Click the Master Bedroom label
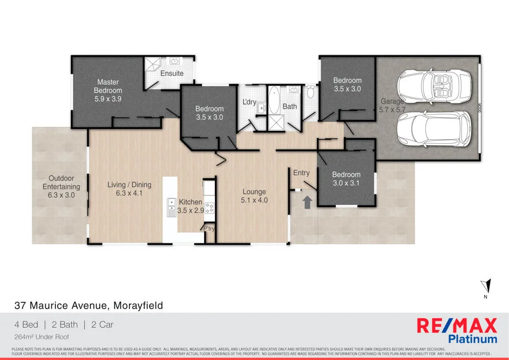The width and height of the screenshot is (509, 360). click(x=108, y=90)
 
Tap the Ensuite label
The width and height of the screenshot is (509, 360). click(x=172, y=74)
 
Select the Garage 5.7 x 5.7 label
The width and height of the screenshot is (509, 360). click(x=392, y=106)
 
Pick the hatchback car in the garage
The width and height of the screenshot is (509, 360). click(x=434, y=129)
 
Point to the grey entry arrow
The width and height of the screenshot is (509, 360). click(x=307, y=202)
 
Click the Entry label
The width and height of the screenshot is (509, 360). click(x=301, y=172)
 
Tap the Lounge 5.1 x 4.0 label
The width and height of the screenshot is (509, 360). click(x=254, y=196)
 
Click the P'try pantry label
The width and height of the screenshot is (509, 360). click(x=209, y=229)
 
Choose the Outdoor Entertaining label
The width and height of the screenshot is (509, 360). click(x=62, y=187)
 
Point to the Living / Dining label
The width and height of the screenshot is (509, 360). click(x=130, y=188)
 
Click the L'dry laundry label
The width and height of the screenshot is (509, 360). click(x=249, y=102)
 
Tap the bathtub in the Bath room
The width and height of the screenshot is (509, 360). click(x=274, y=101)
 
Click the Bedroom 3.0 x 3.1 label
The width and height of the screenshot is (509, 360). click(x=346, y=179)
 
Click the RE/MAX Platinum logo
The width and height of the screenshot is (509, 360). click(x=457, y=331)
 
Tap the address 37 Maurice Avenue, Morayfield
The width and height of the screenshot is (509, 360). click(x=89, y=306)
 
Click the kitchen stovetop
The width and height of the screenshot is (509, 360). click(x=209, y=208)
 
